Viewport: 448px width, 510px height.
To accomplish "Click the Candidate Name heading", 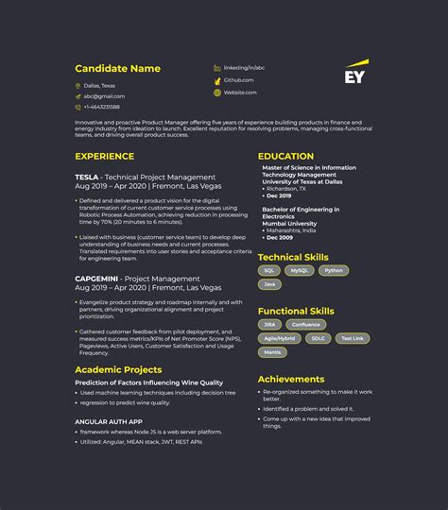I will coord(117,68).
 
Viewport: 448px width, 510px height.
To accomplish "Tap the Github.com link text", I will coord(238,80).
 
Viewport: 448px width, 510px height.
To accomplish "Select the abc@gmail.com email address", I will coord(104,96).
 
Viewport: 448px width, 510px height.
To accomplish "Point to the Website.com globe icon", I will coord(217,93).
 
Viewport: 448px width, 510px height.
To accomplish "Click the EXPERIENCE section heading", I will coord(104,156).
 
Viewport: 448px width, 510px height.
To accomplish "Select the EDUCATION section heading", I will coord(285,156).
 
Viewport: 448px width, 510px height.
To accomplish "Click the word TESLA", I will coord(88,177).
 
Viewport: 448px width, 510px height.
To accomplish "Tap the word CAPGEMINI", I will coord(97,279).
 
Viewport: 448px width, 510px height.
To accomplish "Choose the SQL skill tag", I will coord(269,270).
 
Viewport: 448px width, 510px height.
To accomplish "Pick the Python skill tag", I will coord(333,270).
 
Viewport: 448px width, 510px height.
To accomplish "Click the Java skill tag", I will coord(270,284).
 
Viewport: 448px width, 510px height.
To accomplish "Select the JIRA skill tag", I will coord(270,324).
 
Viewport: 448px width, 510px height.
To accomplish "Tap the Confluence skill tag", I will coord(305,324).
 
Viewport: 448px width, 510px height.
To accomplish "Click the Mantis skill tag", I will coord(272,352).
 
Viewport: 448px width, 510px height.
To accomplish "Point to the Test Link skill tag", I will coord(352,338).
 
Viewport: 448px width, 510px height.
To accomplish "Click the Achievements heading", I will coord(291,379).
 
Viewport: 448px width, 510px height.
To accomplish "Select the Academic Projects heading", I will coord(118,369).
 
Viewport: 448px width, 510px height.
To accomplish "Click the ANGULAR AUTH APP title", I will coord(108,421).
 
